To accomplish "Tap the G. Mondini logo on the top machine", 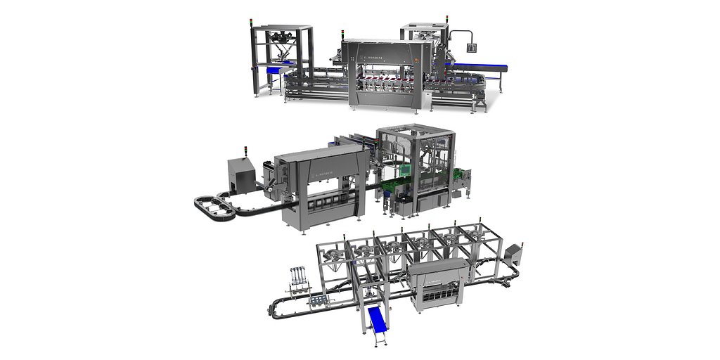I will pyautogui.click(x=374, y=51).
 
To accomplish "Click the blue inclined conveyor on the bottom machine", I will pyautogui.click(x=378, y=323).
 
